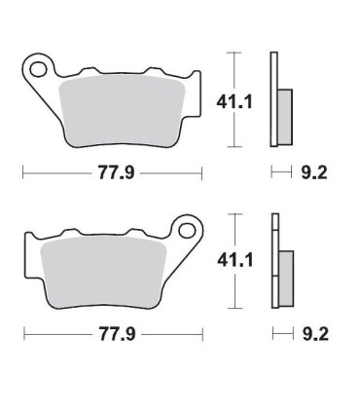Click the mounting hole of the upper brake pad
39,69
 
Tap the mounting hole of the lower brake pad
182,232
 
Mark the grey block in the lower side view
285,274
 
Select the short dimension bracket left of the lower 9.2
280,333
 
